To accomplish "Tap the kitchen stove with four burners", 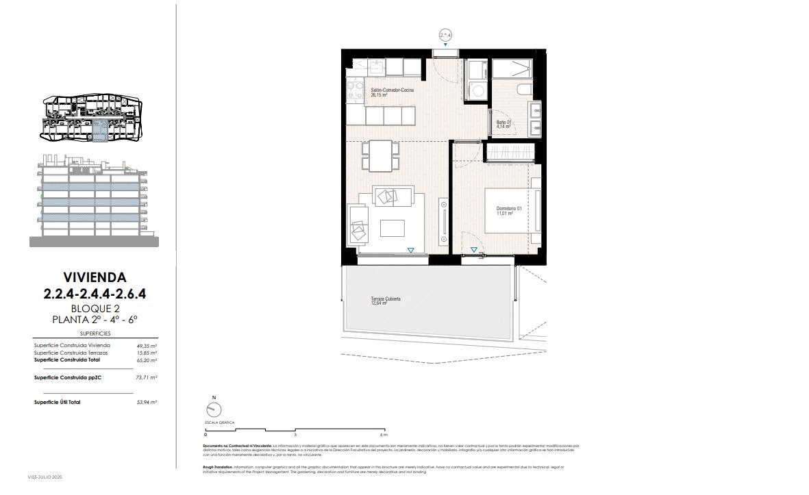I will click(x=354, y=90).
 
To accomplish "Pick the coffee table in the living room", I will click(x=393, y=227).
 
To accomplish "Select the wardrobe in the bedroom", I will click(x=509, y=151).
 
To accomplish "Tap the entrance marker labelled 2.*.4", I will click(x=445, y=34).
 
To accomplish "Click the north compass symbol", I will click(x=214, y=409).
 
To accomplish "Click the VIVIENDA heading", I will click(x=95, y=277).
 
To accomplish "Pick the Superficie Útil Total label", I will click(x=57, y=402).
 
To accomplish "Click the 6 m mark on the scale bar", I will click(x=384, y=435).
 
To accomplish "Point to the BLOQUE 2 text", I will click(x=95, y=308).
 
